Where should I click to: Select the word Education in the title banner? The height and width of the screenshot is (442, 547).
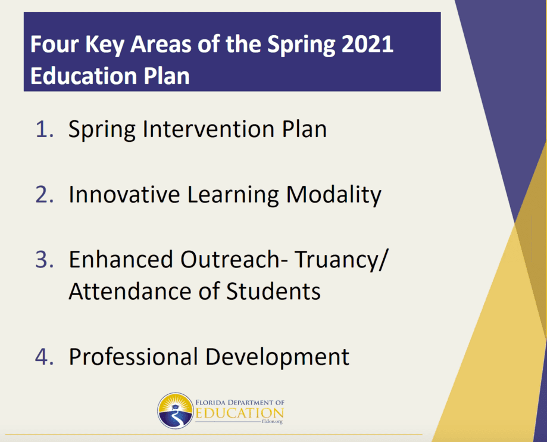(x=83, y=76)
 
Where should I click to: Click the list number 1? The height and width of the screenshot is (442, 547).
(x=44, y=129)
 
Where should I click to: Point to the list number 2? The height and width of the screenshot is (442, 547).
(x=44, y=194)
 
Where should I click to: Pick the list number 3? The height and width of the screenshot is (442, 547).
(x=44, y=259)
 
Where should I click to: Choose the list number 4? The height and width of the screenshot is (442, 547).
(x=44, y=356)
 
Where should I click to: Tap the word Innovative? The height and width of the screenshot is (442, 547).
(x=124, y=194)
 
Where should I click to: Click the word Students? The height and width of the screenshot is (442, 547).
(x=273, y=291)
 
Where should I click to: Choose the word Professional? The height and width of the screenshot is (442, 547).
(x=133, y=356)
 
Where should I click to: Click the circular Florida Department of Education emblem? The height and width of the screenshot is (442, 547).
(x=176, y=410)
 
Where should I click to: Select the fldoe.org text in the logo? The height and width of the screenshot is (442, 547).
(x=272, y=421)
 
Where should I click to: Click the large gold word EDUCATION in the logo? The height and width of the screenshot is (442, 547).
(x=239, y=413)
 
